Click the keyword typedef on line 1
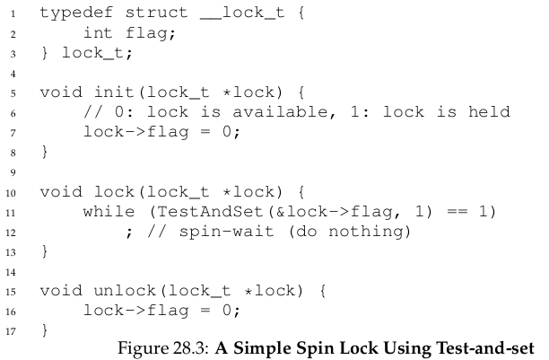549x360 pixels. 76,13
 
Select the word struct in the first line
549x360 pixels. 156,13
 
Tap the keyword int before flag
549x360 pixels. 98,32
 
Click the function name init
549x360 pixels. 114,92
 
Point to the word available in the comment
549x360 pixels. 280,112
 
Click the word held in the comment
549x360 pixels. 489,112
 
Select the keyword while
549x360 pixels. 109,212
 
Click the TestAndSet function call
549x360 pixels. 210,212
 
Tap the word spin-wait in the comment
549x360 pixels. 226,232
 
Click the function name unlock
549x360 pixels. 125,291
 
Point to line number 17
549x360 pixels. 11,331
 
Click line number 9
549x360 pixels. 13,172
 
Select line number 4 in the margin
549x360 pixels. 13,74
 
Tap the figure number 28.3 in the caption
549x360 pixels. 188,348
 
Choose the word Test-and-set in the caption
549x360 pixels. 485,348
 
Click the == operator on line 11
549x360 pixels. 457,212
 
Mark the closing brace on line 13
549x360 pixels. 45,251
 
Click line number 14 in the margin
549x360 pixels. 11,272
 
